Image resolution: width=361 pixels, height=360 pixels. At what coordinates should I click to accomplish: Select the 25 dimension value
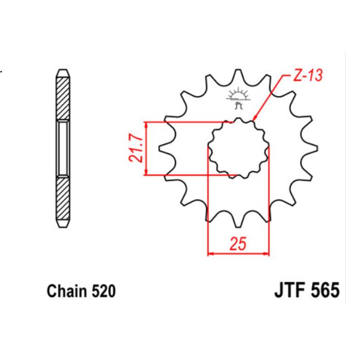tap(238, 245)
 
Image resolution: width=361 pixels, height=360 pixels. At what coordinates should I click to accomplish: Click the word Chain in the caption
tap(67, 292)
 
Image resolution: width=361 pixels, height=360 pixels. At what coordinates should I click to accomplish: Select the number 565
tap(321, 292)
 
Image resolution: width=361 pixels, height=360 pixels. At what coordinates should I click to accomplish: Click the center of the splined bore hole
tap(238, 148)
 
